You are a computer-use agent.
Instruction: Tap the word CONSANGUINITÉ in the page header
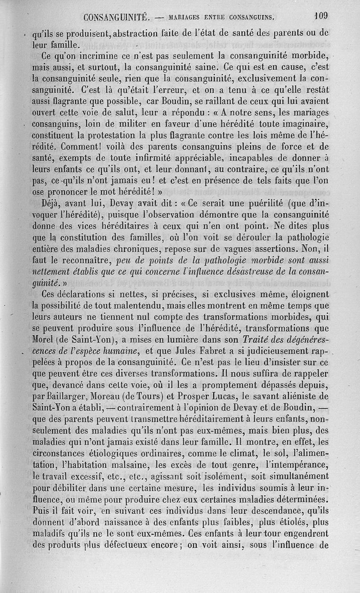116,18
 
